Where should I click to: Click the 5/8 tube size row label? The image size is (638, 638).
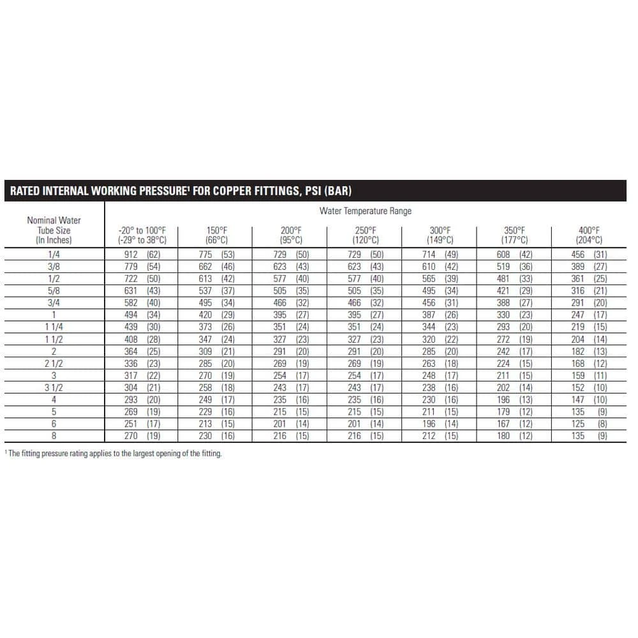[54, 291]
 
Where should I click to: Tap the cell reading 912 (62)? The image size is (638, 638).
[142, 255]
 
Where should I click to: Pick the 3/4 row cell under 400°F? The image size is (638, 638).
[589, 303]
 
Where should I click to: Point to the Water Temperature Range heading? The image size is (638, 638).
[366, 211]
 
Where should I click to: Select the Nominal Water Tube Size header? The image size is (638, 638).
[54, 230]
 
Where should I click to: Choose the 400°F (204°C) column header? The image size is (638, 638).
[589, 235]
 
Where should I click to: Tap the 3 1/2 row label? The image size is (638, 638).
[54, 388]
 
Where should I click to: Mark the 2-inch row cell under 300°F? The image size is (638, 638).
[440, 352]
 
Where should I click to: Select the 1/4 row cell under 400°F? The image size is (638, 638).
[589, 255]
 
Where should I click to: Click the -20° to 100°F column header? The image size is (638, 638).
[142, 235]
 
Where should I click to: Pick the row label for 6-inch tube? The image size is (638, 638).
[54, 424]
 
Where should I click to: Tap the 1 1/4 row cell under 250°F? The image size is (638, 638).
[366, 327]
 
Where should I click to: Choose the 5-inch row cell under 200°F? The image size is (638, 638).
[291, 412]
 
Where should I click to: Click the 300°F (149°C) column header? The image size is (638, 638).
[440, 235]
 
